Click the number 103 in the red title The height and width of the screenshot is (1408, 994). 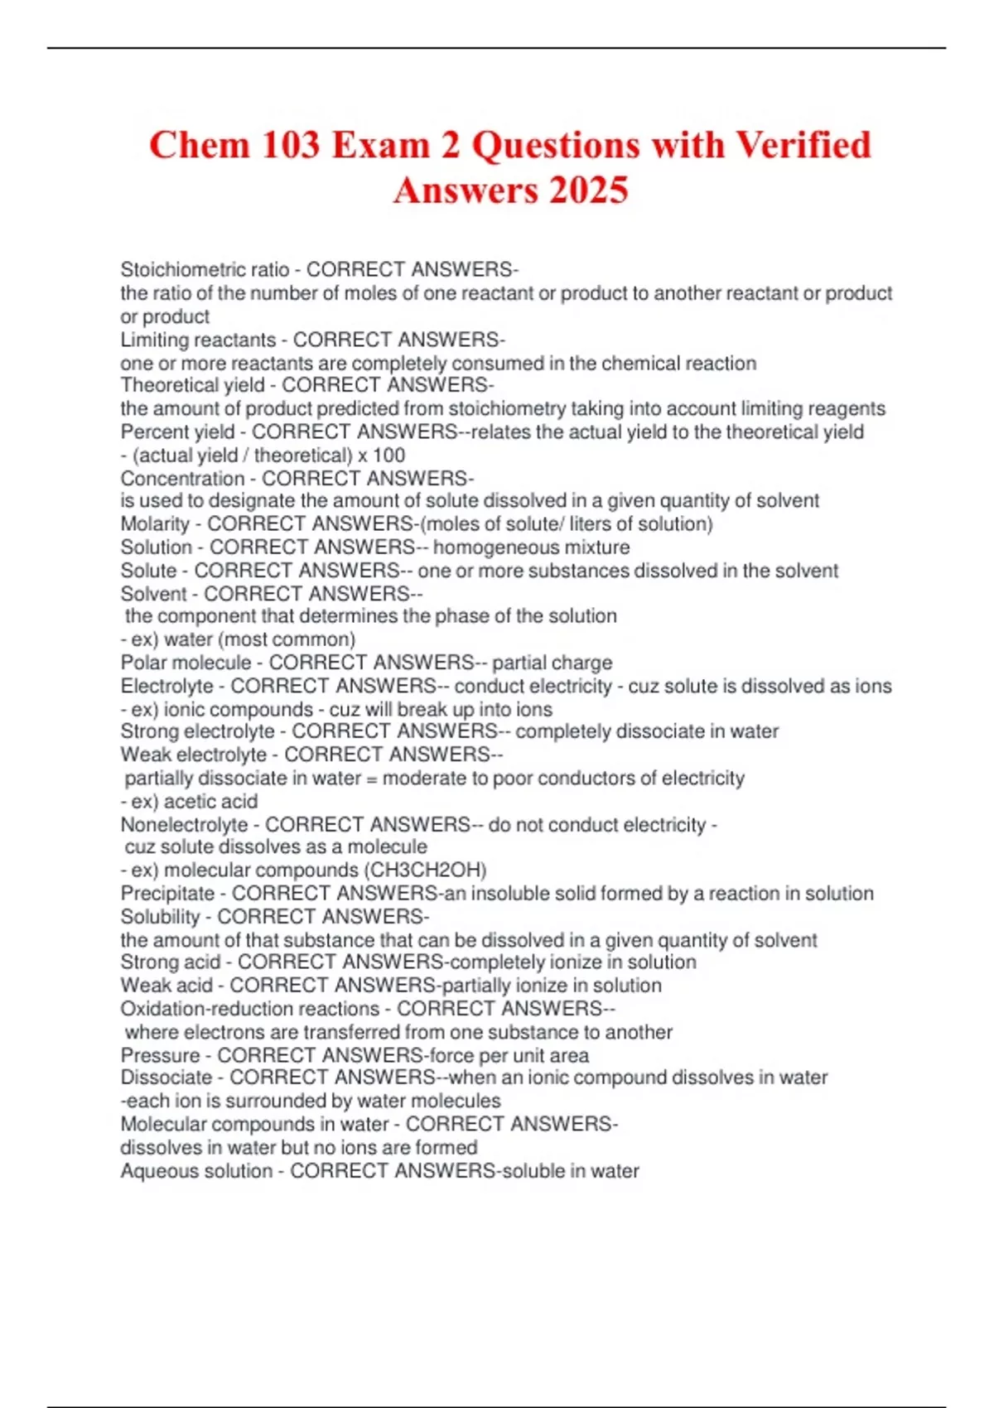click(291, 145)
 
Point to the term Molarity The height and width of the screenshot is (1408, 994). click(155, 524)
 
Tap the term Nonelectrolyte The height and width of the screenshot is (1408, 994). click(184, 825)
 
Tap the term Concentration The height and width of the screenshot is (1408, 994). click(182, 479)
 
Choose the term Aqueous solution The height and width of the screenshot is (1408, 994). click(196, 1171)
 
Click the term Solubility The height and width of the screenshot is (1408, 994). click(160, 917)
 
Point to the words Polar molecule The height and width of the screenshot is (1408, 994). click(186, 663)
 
